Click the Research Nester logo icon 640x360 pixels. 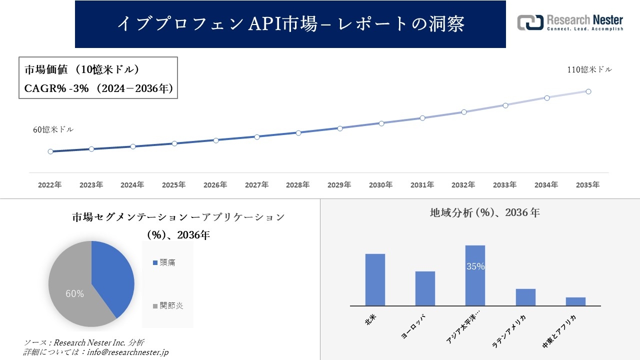530,22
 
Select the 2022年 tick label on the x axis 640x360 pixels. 50,185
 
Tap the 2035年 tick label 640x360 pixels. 587,185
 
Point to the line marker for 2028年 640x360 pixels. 298,133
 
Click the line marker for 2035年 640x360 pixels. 588,91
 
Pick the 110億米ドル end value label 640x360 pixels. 589,70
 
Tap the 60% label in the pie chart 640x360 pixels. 75,294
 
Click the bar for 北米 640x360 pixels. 375,280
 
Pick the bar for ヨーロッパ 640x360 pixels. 425,288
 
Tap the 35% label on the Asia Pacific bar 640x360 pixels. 475,266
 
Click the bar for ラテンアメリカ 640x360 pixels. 525,297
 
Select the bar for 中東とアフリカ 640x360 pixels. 575,301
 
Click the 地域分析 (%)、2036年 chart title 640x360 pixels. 484,212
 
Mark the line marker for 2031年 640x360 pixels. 422,118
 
